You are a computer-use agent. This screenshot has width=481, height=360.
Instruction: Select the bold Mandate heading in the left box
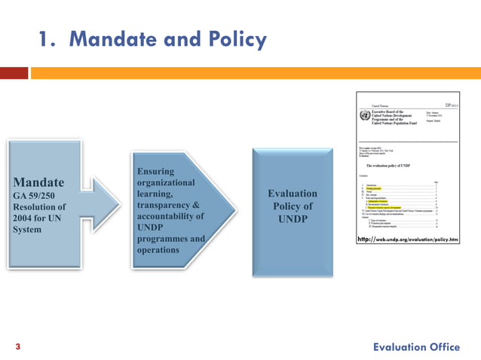(38, 182)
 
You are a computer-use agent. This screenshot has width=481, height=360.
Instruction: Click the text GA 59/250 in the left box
(32, 194)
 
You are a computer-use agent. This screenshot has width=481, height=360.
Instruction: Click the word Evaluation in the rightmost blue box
(293, 194)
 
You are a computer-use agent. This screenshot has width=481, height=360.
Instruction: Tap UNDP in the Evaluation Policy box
(293, 219)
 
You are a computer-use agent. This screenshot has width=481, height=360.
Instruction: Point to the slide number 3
(17, 347)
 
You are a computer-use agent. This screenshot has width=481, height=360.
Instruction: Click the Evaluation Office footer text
(415, 346)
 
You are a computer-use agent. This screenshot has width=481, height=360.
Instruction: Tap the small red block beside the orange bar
(14, 73)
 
